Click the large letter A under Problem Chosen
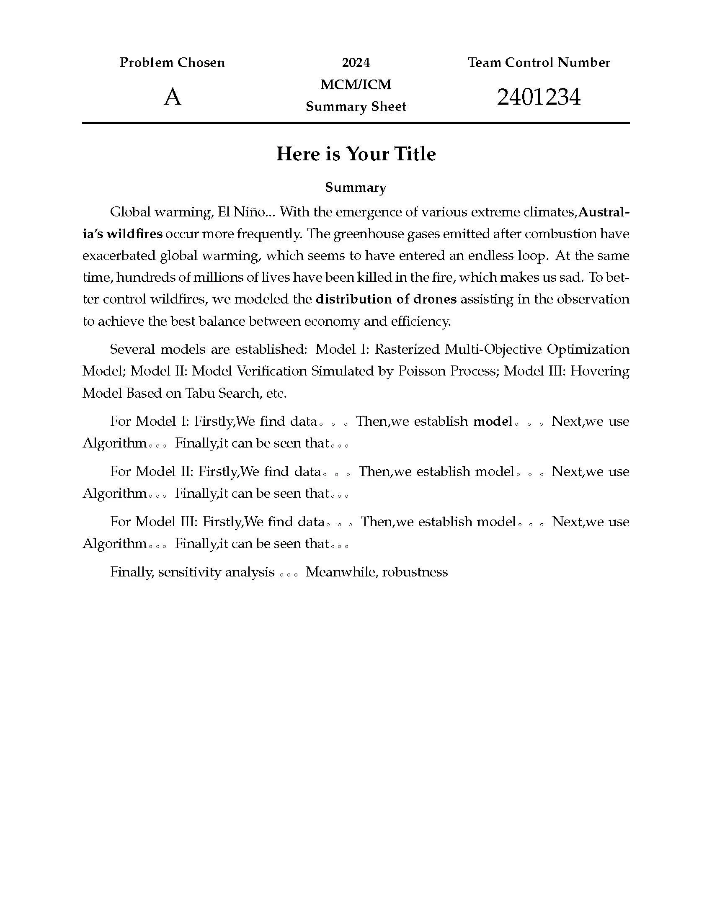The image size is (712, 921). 173,98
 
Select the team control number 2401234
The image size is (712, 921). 539,98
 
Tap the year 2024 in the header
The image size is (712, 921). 356,63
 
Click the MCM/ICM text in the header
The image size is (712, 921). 356,85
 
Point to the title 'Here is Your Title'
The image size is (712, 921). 356,154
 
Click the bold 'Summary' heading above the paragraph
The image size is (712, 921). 356,188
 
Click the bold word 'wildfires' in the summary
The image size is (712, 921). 134,234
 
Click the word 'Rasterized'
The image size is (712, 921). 408,349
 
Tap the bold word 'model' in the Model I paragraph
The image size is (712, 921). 493,421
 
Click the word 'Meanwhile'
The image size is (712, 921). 341,572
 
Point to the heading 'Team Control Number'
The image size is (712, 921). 539,63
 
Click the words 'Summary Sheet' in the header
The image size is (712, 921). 356,107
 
